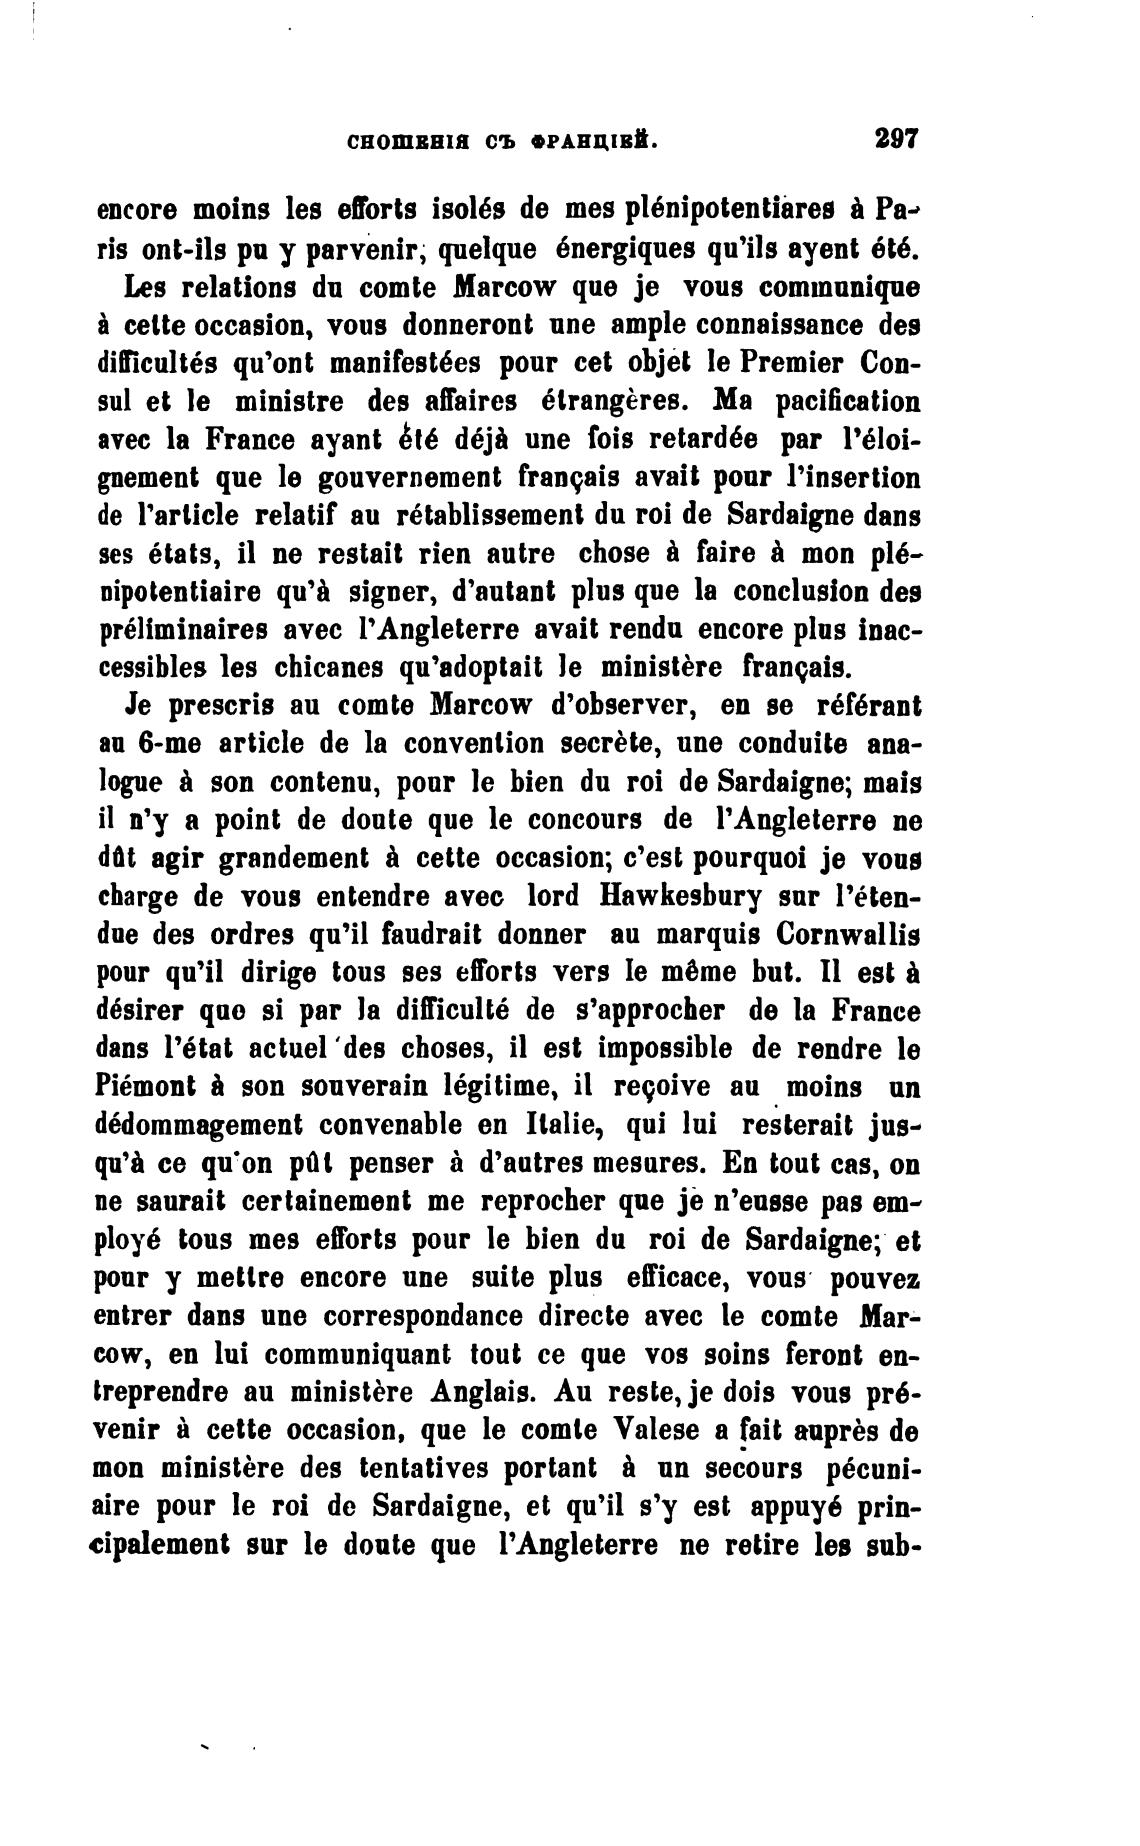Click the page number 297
894,138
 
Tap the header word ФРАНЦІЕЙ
597,141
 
